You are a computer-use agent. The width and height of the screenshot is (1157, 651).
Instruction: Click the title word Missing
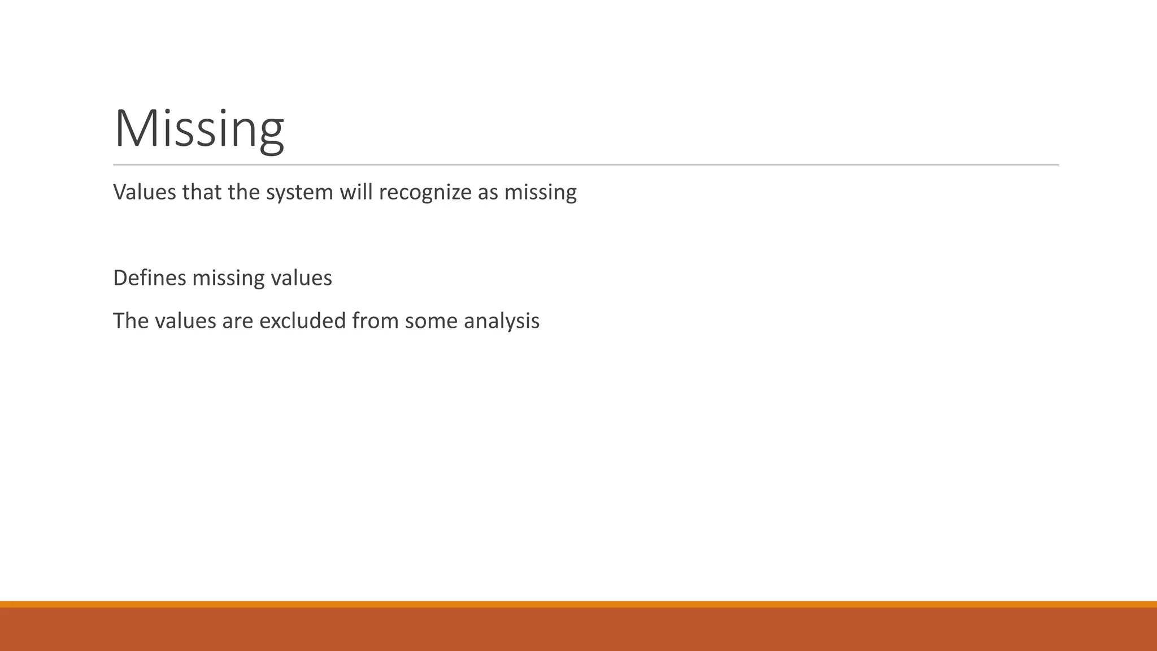click(199, 129)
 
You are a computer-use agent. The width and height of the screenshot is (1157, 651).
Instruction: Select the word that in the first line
click(202, 192)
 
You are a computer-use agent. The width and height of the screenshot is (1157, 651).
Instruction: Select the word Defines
click(149, 278)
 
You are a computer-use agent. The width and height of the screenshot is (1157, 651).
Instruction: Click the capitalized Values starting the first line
click(144, 192)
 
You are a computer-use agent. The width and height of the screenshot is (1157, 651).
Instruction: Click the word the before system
click(244, 192)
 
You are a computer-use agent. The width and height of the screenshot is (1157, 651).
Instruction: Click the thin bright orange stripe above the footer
click(578, 604)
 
